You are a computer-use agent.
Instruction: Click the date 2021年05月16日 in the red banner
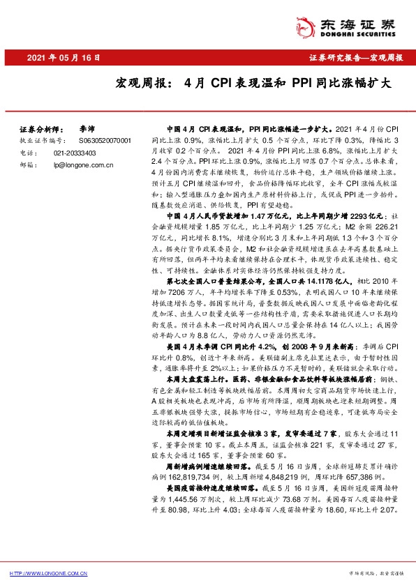tap(64, 58)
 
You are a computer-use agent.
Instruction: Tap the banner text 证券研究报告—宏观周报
tap(355, 58)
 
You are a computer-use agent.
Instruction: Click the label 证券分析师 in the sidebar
tap(40, 130)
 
